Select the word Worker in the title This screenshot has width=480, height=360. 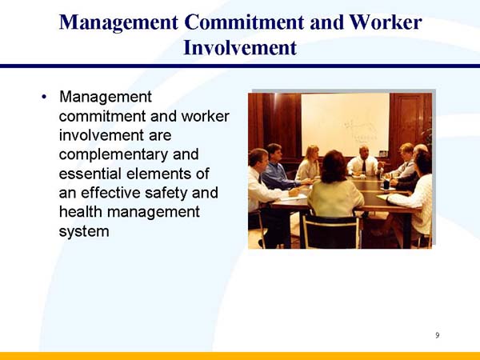tap(379, 22)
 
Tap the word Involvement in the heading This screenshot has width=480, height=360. tap(240, 47)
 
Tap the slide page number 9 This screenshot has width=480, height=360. tap(437, 335)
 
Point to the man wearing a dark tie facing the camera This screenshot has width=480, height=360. tap(362, 161)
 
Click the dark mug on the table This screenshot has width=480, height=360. tap(386, 184)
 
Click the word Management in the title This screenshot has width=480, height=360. tap(109, 22)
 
